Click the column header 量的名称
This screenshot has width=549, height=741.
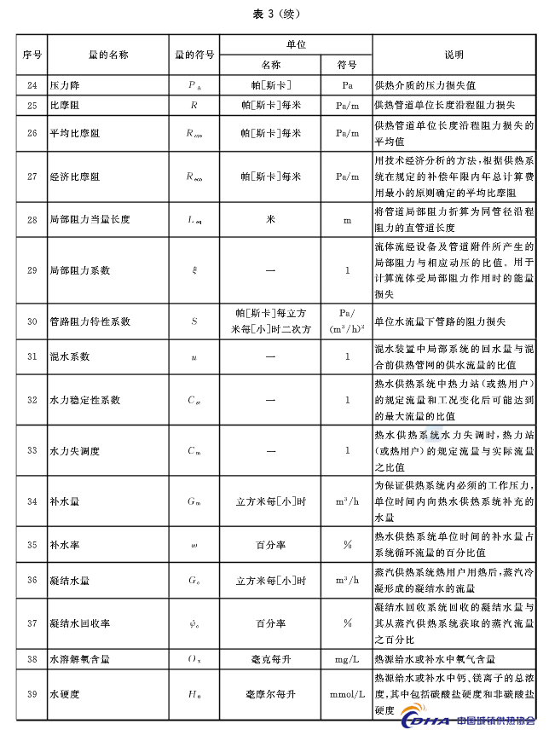107,55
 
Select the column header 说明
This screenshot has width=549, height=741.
454,55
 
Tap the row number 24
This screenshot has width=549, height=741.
32,85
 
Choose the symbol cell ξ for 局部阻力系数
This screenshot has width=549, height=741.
194,270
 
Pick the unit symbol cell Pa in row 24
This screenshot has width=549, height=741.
347,85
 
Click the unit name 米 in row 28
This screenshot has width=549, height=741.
270,219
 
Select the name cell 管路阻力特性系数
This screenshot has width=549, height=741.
90,321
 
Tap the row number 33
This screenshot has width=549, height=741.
32,449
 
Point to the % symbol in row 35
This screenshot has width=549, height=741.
347,544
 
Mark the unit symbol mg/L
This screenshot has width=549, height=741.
347,659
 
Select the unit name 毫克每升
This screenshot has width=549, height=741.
270,659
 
